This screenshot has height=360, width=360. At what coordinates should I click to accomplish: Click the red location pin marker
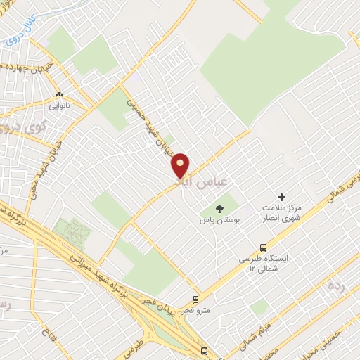(x=181, y=165)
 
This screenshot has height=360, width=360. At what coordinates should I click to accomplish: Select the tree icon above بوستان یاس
(x=219, y=207)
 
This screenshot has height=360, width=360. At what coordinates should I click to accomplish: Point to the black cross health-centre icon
(x=282, y=198)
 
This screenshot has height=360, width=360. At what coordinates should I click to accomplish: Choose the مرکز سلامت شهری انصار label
(x=281, y=214)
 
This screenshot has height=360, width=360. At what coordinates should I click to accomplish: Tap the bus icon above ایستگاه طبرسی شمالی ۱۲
(x=262, y=247)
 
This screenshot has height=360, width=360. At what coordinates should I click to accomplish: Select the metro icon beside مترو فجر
(x=196, y=299)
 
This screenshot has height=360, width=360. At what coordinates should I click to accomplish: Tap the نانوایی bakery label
(x=58, y=106)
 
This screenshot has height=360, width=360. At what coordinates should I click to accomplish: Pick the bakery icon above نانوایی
(x=59, y=94)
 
